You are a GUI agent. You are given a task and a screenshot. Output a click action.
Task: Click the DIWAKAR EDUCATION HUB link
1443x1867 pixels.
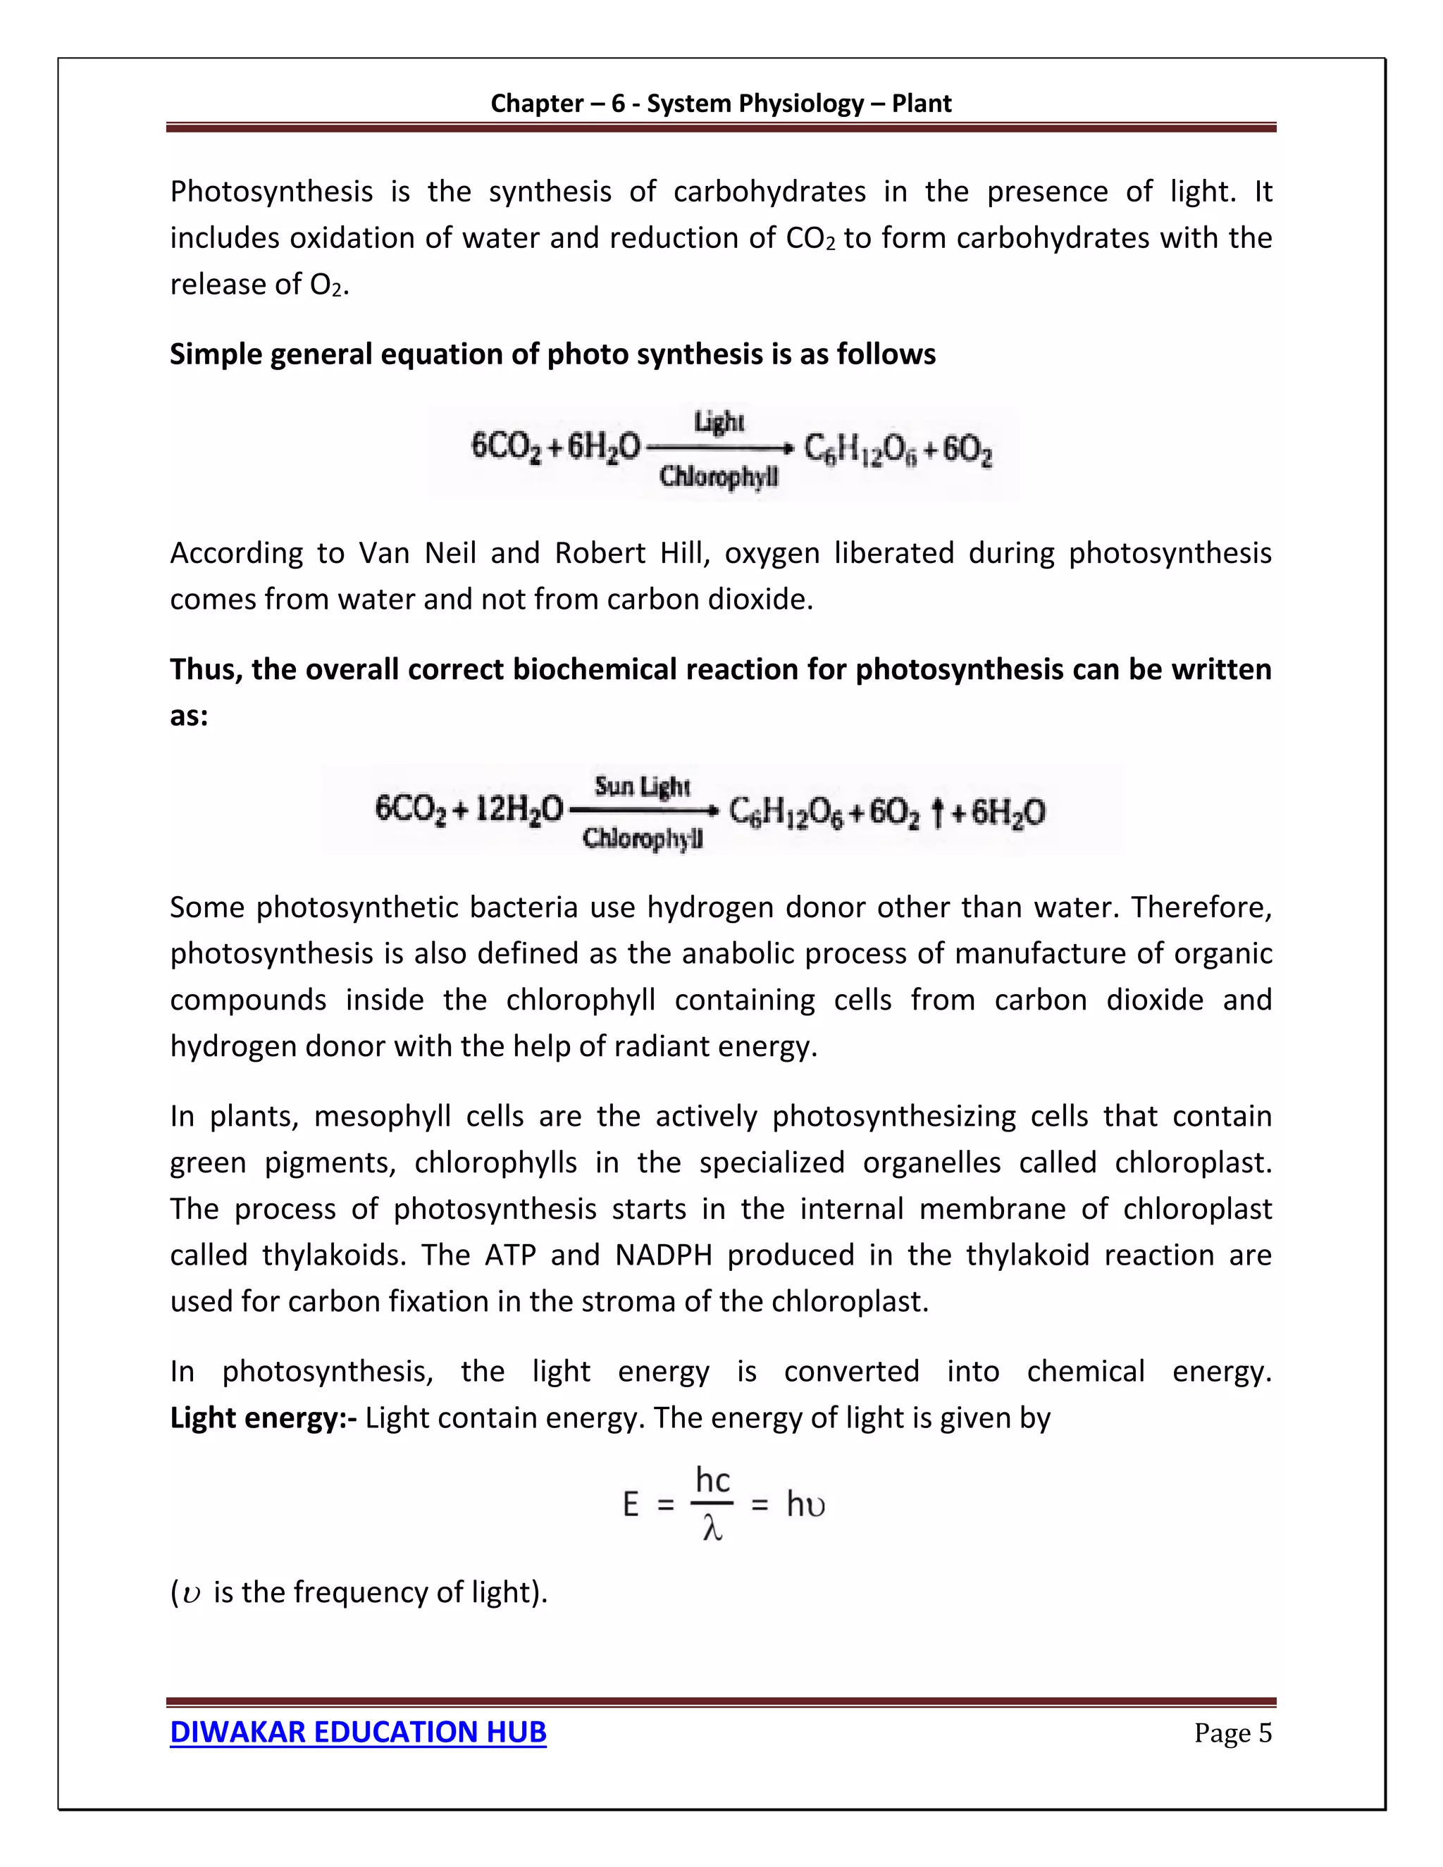pyautogui.click(x=357, y=1732)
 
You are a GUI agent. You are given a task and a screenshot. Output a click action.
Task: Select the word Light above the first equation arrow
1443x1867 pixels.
pyautogui.click(x=719, y=421)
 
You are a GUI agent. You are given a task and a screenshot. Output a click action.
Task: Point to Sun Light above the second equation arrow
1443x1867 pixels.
pyautogui.click(x=641, y=786)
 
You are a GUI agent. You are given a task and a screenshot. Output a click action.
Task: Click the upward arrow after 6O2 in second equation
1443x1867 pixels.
pyautogui.click(x=937, y=812)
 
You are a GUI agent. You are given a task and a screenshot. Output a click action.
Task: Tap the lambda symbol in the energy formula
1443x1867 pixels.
pyautogui.click(x=712, y=1530)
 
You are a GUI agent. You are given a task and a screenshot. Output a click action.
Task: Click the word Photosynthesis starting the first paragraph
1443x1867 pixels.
pyautogui.click(x=271, y=192)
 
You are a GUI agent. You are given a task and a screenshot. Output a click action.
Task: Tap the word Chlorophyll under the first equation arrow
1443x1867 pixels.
pyautogui.click(x=718, y=476)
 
